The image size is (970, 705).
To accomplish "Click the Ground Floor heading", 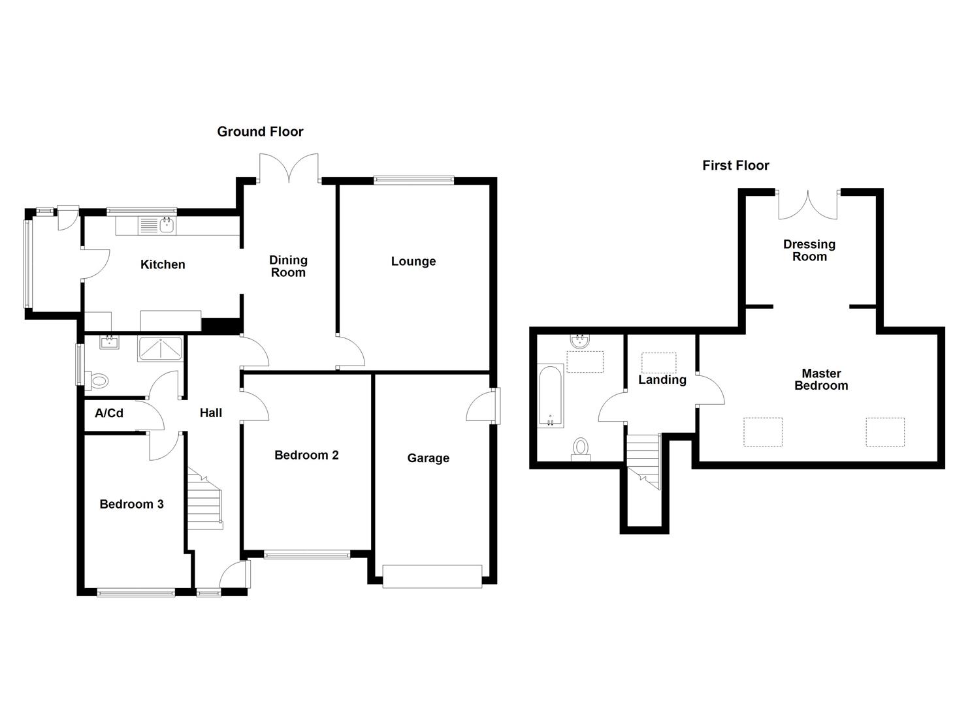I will [x=260, y=132].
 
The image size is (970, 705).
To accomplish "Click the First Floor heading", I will [x=736, y=166].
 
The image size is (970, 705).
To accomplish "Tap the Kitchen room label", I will [x=163, y=264].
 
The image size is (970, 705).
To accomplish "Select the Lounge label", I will [x=413, y=261].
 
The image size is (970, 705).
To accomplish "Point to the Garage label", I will [x=428, y=458].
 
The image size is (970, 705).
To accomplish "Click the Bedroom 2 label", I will [x=306, y=455].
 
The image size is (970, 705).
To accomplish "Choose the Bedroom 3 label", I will [x=131, y=504].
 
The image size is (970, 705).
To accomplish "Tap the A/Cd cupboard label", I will [x=109, y=413].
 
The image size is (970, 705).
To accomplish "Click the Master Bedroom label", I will [x=821, y=379].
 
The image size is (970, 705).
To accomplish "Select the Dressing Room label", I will [x=809, y=250].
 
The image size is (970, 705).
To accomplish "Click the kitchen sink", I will [x=157, y=226].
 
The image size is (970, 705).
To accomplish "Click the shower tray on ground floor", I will [x=161, y=349].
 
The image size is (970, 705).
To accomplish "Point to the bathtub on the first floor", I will [x=550, y=396].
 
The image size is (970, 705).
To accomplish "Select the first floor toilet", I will [x=580, y=448].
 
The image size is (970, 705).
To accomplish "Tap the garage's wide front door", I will [x=432, y=576].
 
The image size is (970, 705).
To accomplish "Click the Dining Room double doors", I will [x=289, y=167].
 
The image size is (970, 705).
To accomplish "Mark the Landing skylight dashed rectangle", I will [x=658, y=362].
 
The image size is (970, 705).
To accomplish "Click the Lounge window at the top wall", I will [x=413, y=180].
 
